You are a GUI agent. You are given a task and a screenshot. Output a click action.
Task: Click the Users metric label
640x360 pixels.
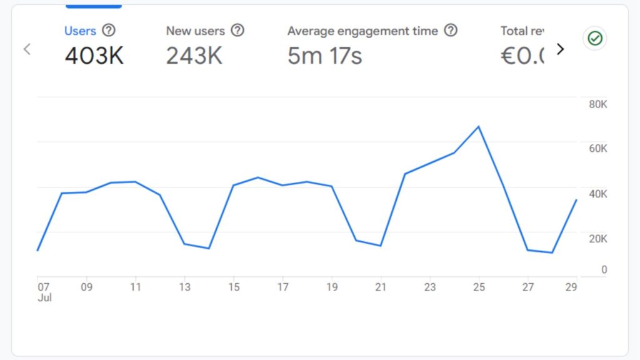point(80,31)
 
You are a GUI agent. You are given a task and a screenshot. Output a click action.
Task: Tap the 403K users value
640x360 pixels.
point(94,56)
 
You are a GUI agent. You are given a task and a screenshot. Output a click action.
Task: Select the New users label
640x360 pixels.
point(195,31)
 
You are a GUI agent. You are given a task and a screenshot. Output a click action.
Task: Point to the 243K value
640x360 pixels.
point(194,56)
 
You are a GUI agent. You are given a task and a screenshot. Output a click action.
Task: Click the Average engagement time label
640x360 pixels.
point(362,31)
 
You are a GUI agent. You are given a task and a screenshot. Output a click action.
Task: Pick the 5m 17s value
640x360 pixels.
point(324,56)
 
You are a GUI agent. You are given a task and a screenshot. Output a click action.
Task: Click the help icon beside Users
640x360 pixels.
point(109,30)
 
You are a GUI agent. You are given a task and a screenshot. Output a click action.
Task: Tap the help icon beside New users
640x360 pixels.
point(237,30)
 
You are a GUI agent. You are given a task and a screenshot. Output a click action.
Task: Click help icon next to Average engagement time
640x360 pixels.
point(451,30)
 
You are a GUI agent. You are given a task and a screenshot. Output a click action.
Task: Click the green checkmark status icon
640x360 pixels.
point(594,39)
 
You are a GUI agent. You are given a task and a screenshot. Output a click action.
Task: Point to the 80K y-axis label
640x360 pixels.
point(598,104)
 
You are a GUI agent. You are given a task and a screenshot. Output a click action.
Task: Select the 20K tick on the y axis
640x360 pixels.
point(598,239)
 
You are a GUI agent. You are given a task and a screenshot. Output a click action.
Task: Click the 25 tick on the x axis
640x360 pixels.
point(479,287)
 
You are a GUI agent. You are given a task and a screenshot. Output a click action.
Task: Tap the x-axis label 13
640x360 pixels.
point(184,287)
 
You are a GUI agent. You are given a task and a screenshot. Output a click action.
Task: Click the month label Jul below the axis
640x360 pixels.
point(44,298)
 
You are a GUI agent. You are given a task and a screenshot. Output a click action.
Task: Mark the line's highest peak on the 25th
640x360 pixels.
point(479,126)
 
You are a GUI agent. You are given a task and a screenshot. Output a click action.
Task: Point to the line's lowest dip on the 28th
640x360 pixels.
point(552,252)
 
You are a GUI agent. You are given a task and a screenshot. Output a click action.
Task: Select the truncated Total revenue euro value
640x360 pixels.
point(522,56)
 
